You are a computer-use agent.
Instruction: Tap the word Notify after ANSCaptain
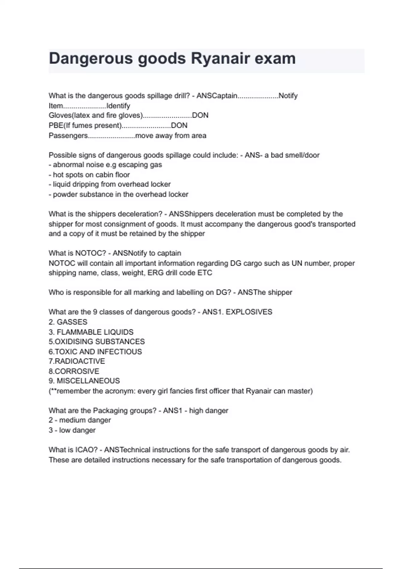coord(288,96)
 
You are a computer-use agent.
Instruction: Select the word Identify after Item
coord(118,106)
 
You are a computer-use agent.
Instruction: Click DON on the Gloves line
coord(200,115)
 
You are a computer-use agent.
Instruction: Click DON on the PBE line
coord(179,126)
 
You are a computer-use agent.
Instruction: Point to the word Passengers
coord(68,136)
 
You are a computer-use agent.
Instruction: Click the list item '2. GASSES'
coord(68,322)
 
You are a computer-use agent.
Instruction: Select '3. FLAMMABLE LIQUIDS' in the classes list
coord(91,332)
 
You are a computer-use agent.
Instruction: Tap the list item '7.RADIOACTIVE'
coord(77,361)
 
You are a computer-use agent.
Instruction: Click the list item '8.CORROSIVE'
coord(74,371)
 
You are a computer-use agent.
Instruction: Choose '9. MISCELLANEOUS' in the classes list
coord(84,381)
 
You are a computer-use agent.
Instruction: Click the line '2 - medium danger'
coord(80,420)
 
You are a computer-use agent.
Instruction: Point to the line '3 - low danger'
coord(72,430)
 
